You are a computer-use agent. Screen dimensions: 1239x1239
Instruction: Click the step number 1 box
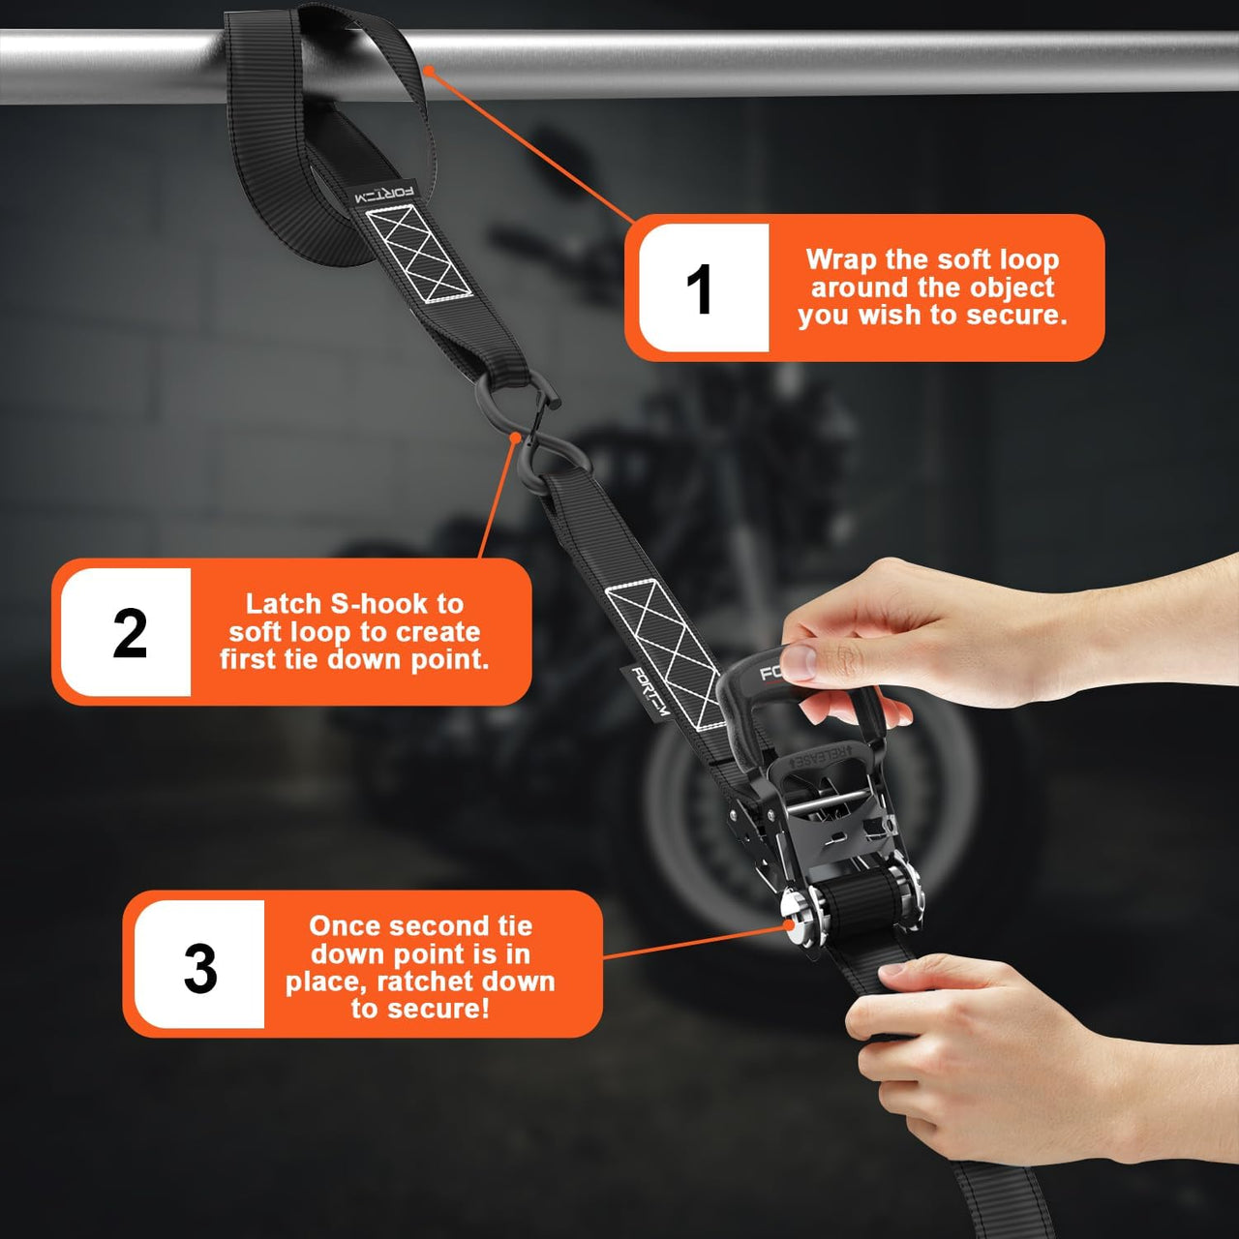[x=704, y=287]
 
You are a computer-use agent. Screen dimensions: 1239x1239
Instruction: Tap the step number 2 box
[x=126, y=631]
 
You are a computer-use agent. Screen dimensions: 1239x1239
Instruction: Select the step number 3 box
[x=199, y=964]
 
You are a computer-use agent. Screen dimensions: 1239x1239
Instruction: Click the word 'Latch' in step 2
[x=283, y=604]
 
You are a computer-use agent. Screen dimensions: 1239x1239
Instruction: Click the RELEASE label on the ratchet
[x=821, y=757]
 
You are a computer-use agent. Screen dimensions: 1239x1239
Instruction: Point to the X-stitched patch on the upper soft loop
[x=419, y=253]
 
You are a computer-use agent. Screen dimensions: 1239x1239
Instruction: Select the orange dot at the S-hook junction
[x=515, y=438]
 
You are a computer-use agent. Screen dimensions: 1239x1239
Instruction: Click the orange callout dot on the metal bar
[x=429, y=70]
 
